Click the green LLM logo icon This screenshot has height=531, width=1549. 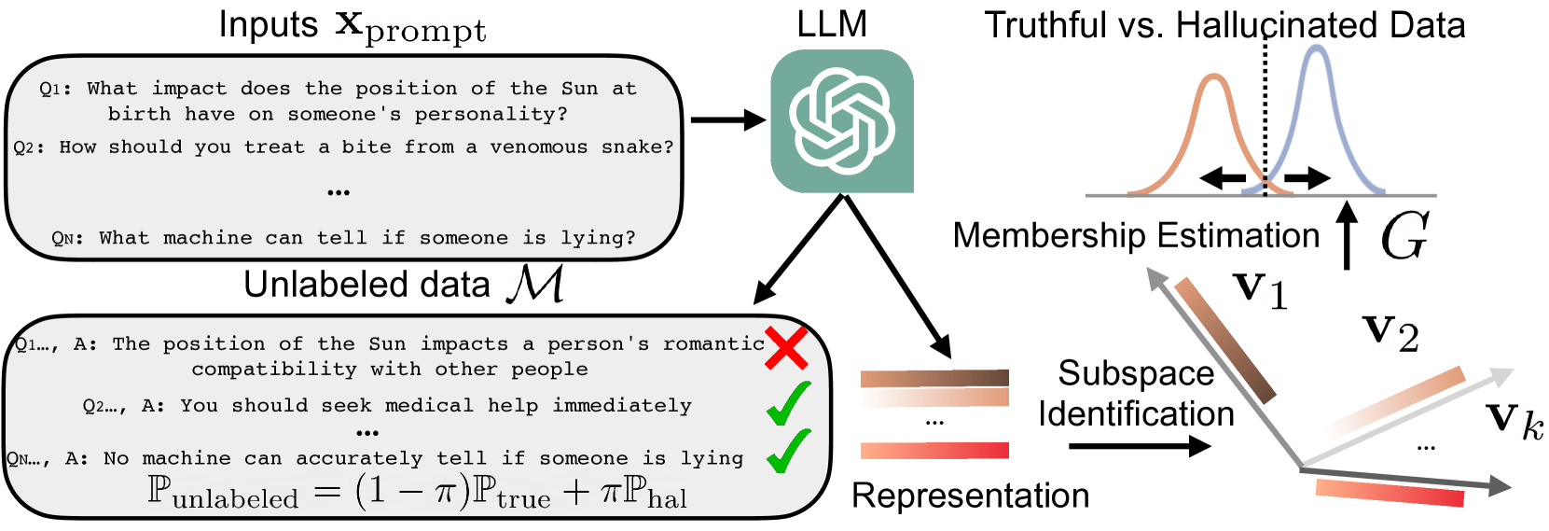[841, 120]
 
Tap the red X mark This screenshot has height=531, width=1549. [786, 349]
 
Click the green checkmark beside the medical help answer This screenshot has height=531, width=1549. [789, 402]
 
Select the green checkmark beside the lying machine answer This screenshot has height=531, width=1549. [789, 451]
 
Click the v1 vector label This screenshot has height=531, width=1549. [1260, 290]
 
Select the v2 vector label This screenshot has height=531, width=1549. [1390, 334]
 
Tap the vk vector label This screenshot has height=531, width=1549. [1514, 418]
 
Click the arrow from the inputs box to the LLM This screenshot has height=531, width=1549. [728, 120]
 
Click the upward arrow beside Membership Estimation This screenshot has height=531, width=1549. [1347, 234]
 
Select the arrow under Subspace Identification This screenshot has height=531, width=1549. [1141, 446]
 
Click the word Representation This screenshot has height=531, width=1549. [970, 496]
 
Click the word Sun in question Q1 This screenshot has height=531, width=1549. [579, 89]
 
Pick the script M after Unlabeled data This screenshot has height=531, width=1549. [534, 285]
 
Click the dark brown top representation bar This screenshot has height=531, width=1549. [934, 378]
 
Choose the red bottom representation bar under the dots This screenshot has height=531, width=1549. [934, 451]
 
